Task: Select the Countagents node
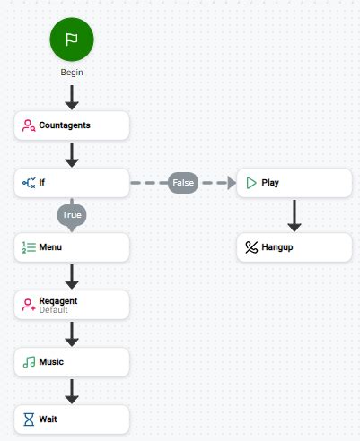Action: [72, 125]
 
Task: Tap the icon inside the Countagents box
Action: [29, 125]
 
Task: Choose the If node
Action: [72, 183]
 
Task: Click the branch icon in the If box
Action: [29, 183]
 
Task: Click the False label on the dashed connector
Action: [183, 183]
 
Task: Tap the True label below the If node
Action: [72, 215]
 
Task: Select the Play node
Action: [294, 183]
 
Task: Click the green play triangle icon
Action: [251, 183]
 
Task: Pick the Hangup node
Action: [294, 247]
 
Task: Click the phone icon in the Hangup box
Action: [251, 247]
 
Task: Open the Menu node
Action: [72, 246]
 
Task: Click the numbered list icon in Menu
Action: [29, 246]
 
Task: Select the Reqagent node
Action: [72, 304]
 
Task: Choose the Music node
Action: [72, 361]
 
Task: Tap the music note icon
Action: [29, 361]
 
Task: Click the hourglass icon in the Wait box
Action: [29, 419]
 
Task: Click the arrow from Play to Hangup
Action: [294, 215]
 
